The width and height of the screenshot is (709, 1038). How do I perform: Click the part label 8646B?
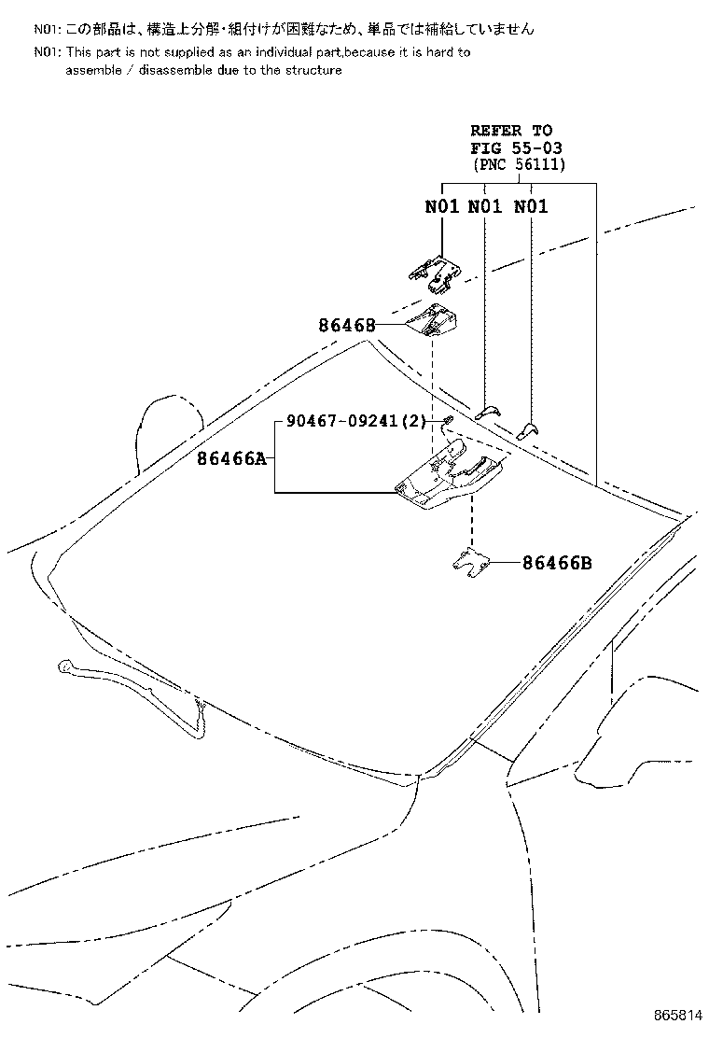point(346,325)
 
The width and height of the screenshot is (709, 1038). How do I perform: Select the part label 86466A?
point(230,458)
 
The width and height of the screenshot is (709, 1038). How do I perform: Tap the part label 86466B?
point(557,563)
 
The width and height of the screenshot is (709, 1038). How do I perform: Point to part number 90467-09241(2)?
point(356,420)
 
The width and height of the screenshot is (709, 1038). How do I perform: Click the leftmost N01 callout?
point(442,206)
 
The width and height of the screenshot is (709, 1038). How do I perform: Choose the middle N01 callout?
point(485,206)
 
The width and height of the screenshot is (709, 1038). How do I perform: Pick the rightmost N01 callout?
point(531,206)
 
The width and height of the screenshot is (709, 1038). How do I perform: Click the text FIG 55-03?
point(517,147)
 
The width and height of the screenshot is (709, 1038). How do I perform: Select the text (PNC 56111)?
point(520,165)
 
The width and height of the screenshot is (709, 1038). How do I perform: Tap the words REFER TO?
point(511,131)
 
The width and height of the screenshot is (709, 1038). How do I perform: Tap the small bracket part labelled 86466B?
point(471,564)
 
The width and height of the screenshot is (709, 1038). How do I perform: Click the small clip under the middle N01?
point(488,411)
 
